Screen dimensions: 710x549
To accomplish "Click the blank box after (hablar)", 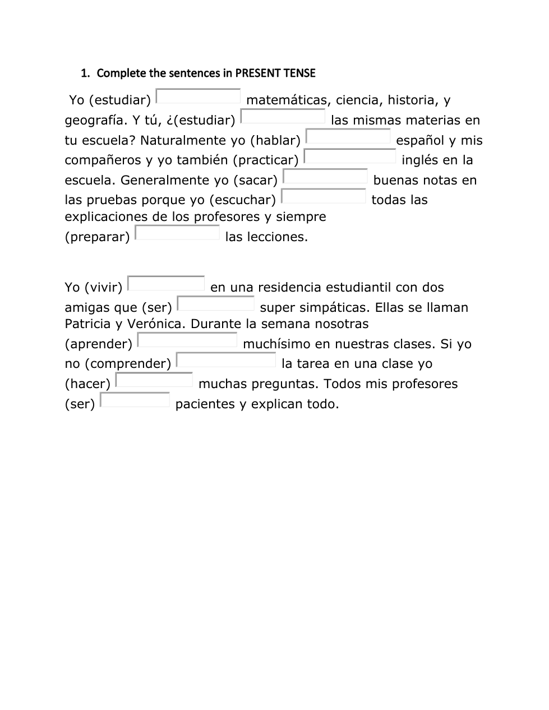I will point(348,137).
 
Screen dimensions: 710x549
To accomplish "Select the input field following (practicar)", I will point(350,156).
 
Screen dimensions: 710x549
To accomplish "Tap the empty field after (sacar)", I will point(325,177).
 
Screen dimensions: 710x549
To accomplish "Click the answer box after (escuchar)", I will point(324,196).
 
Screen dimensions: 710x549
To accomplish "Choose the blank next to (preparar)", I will point(177,233).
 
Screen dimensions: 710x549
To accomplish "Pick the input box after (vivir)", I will point(166,284).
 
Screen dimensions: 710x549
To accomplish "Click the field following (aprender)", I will point(187,340).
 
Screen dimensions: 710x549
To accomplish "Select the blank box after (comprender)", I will point(226,360).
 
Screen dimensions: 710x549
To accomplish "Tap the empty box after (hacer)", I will point(154,380).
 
